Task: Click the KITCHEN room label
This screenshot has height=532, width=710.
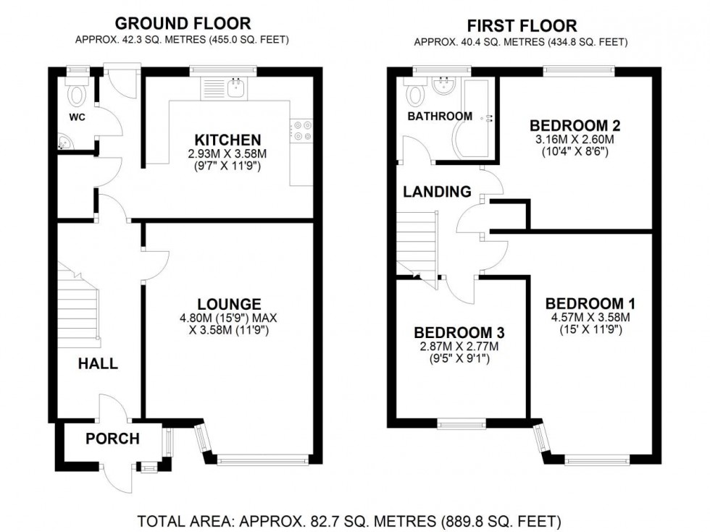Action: [x=227, y=140]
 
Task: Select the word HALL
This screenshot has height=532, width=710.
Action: [x=98, y=364]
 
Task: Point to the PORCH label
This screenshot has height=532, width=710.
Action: [x=112, y=439]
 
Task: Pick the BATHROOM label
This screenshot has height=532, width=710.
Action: [x=440, y=116]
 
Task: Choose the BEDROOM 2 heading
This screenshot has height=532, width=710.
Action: [x=575, y=124]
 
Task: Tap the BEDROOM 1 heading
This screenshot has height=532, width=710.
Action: [x=585, y=303]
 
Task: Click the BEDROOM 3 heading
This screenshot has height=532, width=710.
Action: [x=459, y=332]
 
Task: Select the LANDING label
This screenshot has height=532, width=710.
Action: [x=437, y=192]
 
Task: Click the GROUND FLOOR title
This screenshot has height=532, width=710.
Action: [x=183, y=25]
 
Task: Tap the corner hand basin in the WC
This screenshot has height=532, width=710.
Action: [x=63, y=143]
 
